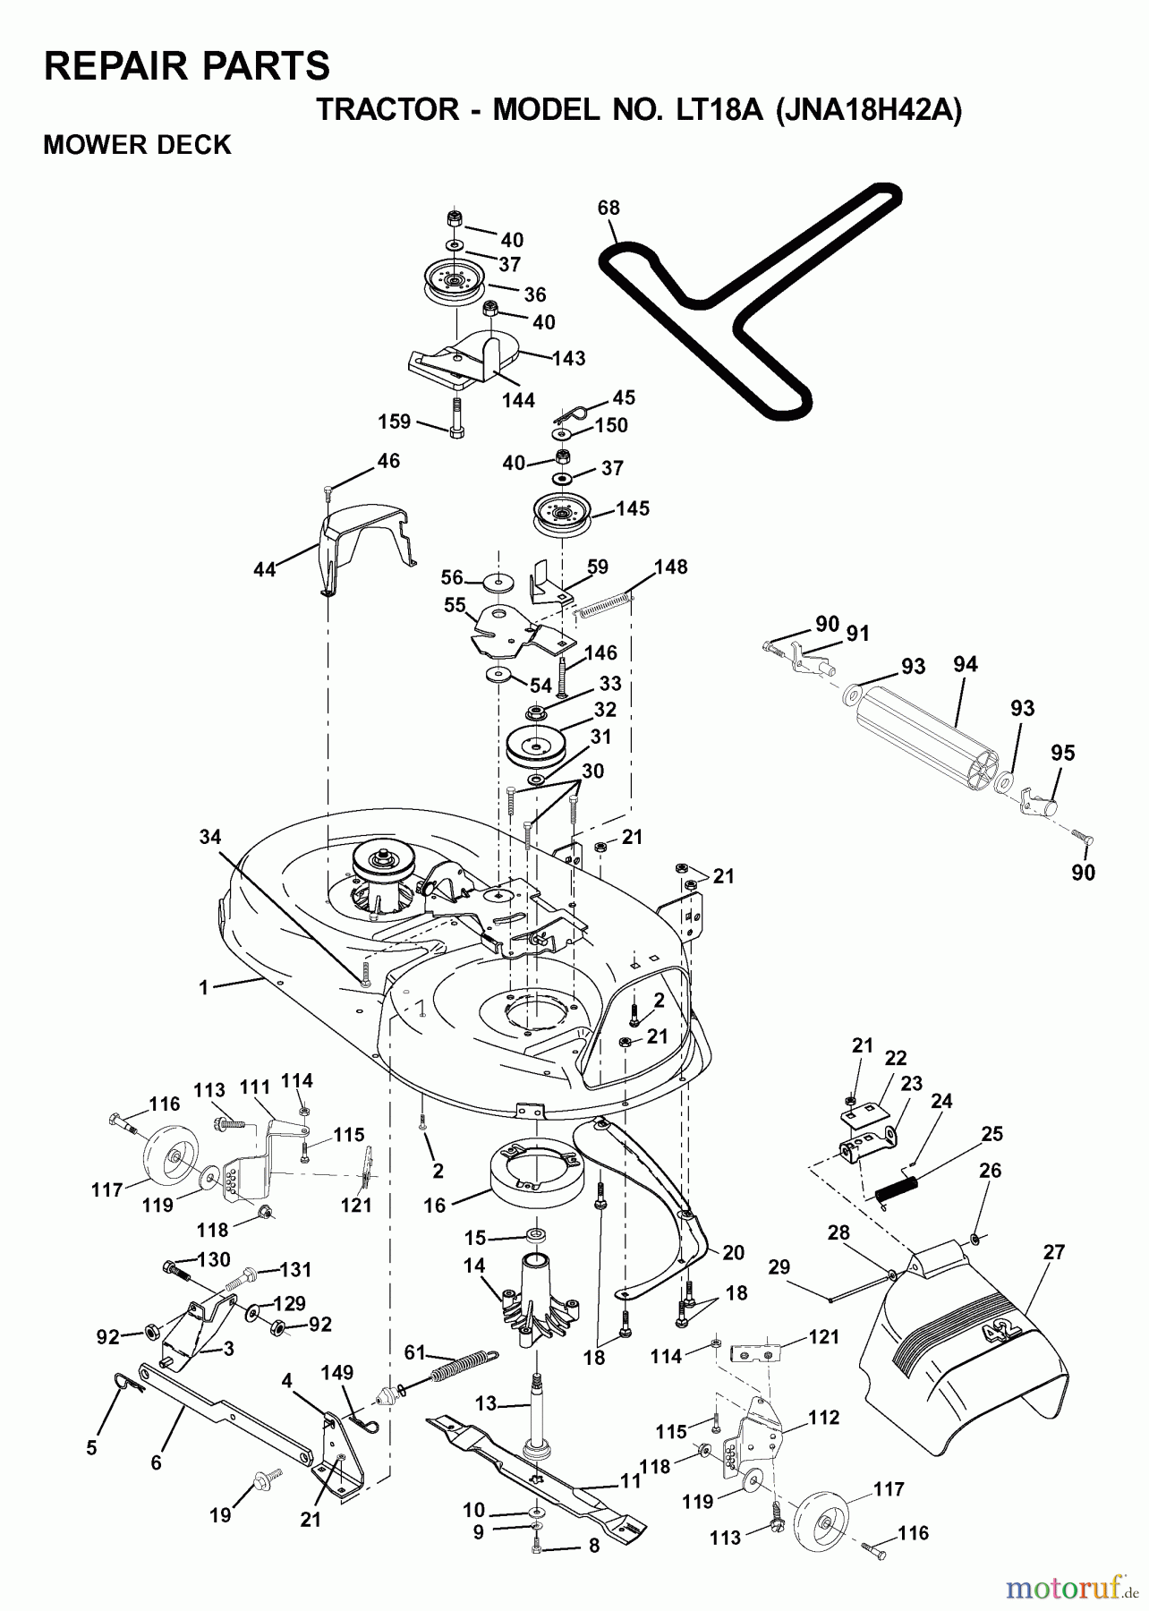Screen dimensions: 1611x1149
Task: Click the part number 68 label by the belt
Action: point(609,209)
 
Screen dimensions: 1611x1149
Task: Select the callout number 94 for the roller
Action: point(965,664)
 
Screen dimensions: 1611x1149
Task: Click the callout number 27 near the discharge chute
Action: point(1054,1252)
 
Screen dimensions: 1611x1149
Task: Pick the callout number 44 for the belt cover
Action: point(265,568)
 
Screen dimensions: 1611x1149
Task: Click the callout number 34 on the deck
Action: point(209,837)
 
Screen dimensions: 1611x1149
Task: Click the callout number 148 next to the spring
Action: point(670,567)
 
